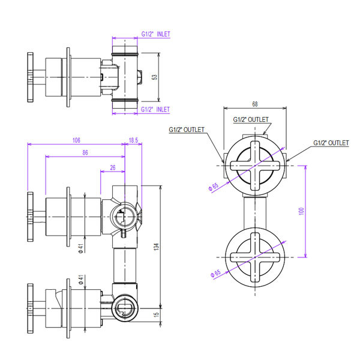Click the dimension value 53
(155, 77)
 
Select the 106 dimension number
(76, 140)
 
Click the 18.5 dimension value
(133, 140)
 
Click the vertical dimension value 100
(302, 212)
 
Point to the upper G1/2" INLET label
(155, 35)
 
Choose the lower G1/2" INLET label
(155, 109)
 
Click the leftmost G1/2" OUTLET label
(187, 130)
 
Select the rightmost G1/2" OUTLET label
(331, 143)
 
